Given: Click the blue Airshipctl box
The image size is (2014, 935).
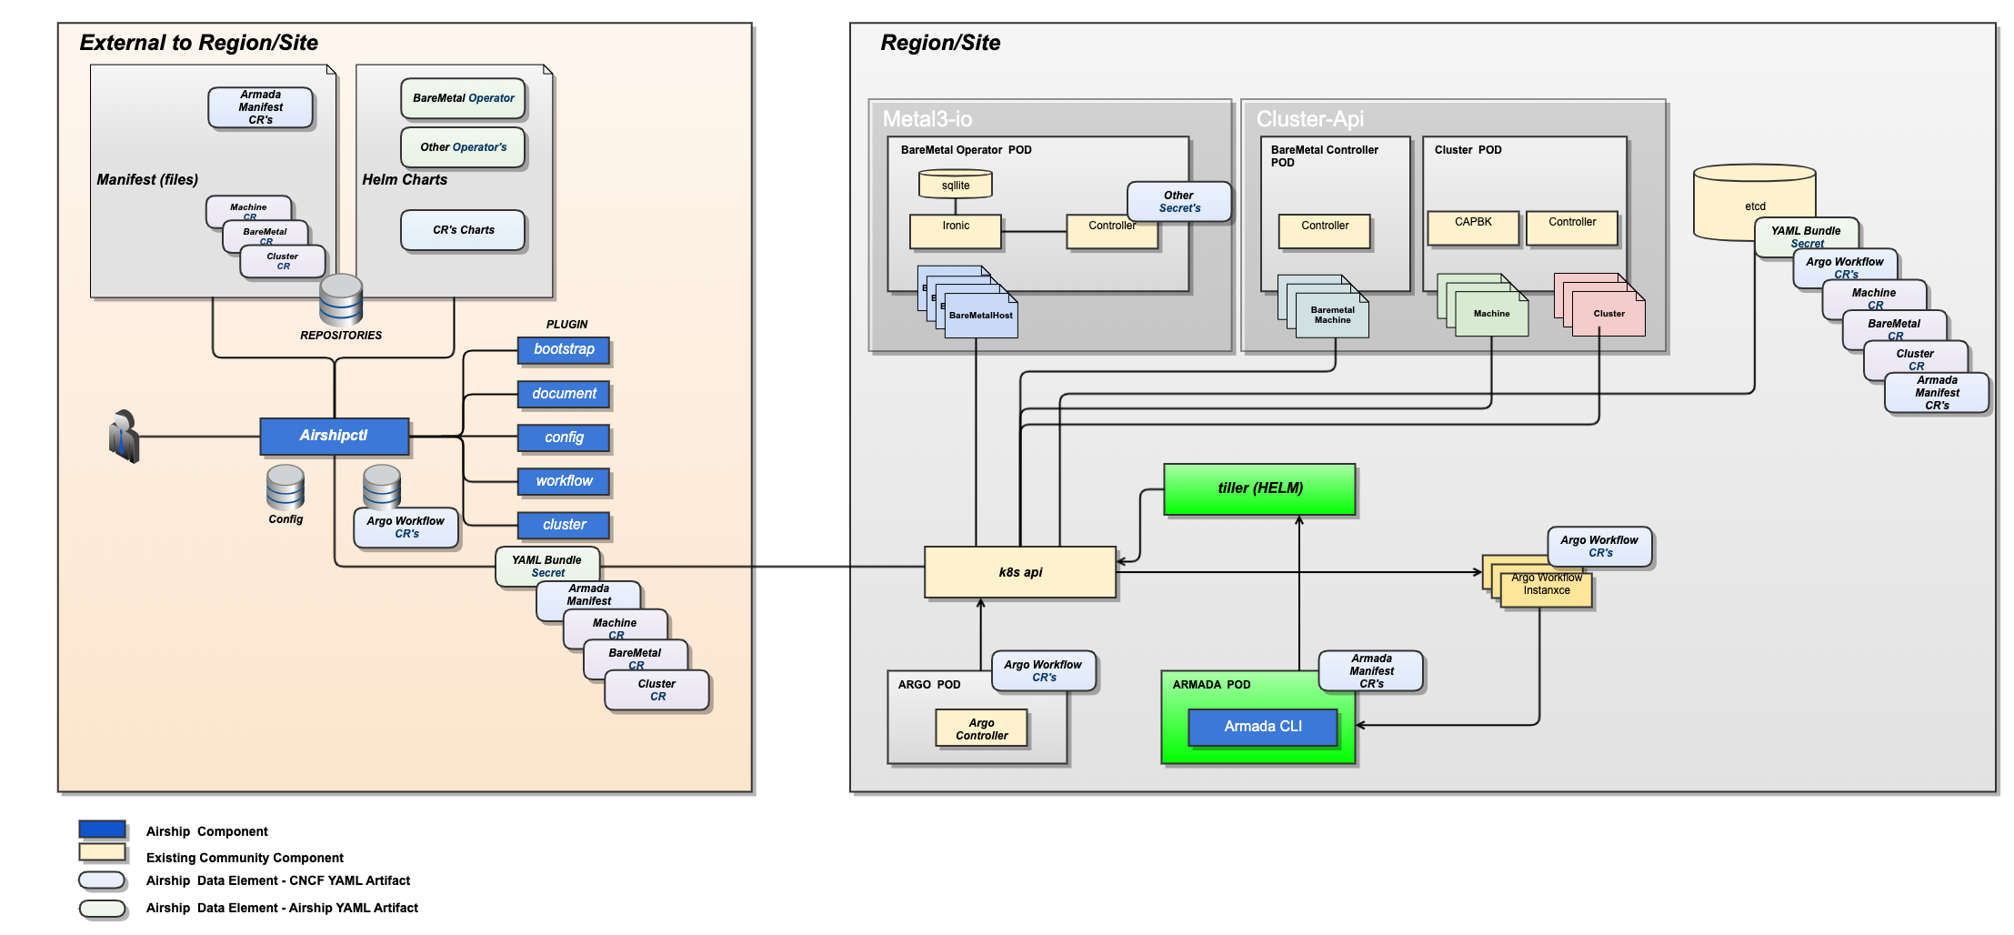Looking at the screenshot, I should [x=334, y=437].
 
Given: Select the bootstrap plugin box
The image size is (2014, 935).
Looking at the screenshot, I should [x=564, y=350].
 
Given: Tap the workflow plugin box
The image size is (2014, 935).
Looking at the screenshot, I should [x=564, y=481].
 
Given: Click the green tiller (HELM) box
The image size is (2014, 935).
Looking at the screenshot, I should [x=1259, y=489].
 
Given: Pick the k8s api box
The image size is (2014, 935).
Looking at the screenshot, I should [x=1020, y=572].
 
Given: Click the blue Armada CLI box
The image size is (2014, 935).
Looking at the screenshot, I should [x=1263, y=727].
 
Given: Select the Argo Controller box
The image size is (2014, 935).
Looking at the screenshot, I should [x=981, y=729].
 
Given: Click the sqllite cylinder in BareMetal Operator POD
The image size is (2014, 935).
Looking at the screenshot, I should [x=955, y=185].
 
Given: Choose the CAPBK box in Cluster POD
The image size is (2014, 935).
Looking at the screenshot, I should [x=1473, y=227].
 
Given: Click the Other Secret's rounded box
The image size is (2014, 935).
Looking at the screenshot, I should [x=1178, y=202].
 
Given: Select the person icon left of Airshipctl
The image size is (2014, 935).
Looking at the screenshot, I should [x=124, y=437].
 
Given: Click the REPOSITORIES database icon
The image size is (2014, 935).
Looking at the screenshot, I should [x=341, y=300].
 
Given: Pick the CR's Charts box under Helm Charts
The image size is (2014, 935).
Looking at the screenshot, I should [x=463, y=230].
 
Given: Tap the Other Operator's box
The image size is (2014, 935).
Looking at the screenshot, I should [x=463, y=147].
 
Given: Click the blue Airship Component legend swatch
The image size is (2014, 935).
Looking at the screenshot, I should [x=102, y=829].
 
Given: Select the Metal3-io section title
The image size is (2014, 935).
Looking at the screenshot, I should [x=927, y=119].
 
